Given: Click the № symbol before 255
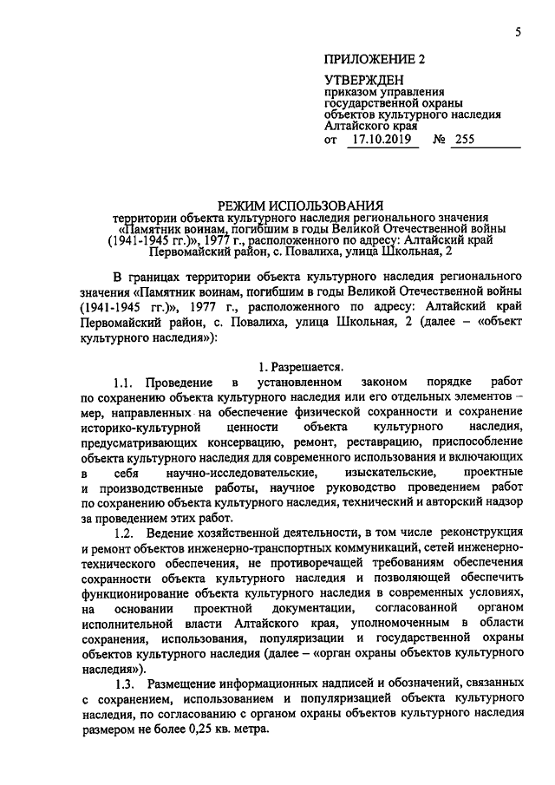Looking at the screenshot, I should (438, 139).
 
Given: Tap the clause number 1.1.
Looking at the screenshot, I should (124, 383).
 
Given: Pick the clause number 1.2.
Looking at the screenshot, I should (124, 531).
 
